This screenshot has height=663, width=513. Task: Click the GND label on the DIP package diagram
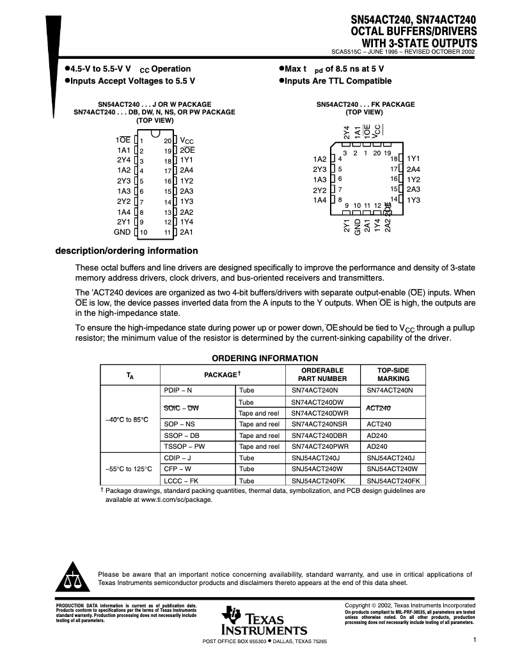[122, 232]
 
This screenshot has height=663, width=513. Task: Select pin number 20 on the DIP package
[168, 140]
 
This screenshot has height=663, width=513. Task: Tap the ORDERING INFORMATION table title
[264, 358]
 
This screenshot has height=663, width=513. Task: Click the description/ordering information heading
[127, 251]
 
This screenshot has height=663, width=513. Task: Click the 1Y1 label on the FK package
[413, 159]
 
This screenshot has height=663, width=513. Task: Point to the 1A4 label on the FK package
[320, 201]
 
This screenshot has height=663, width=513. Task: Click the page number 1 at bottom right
[475, 639]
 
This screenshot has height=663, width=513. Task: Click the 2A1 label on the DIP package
[186, 232]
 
